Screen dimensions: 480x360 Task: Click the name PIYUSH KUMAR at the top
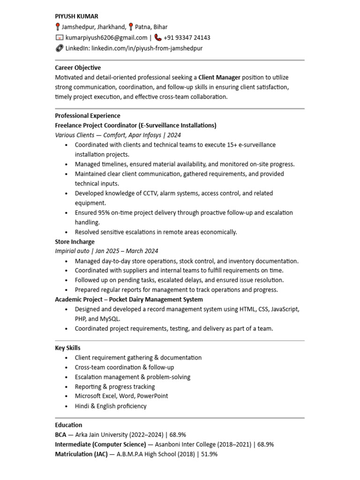[x=76, y=16]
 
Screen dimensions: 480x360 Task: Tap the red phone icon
[x=158, y=37]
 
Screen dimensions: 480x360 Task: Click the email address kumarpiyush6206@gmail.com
[x=106, y=37]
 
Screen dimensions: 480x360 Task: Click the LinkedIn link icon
[x=59, y=48]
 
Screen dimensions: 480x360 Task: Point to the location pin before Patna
[x=131, y=27]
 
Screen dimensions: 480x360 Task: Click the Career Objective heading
[x=78, y=67]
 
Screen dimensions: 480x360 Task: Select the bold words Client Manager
[x=219, y=77]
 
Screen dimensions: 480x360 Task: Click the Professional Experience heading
[x=88, y=115]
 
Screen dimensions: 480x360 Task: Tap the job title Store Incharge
[x=75, y=242]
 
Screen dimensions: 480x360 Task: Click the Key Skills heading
[x=67, y=348]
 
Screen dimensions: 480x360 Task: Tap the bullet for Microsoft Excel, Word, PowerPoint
[x=68, y=396]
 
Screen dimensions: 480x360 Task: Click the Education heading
[x=68, y=425]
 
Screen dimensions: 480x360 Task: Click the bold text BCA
[x=61, y=435]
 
